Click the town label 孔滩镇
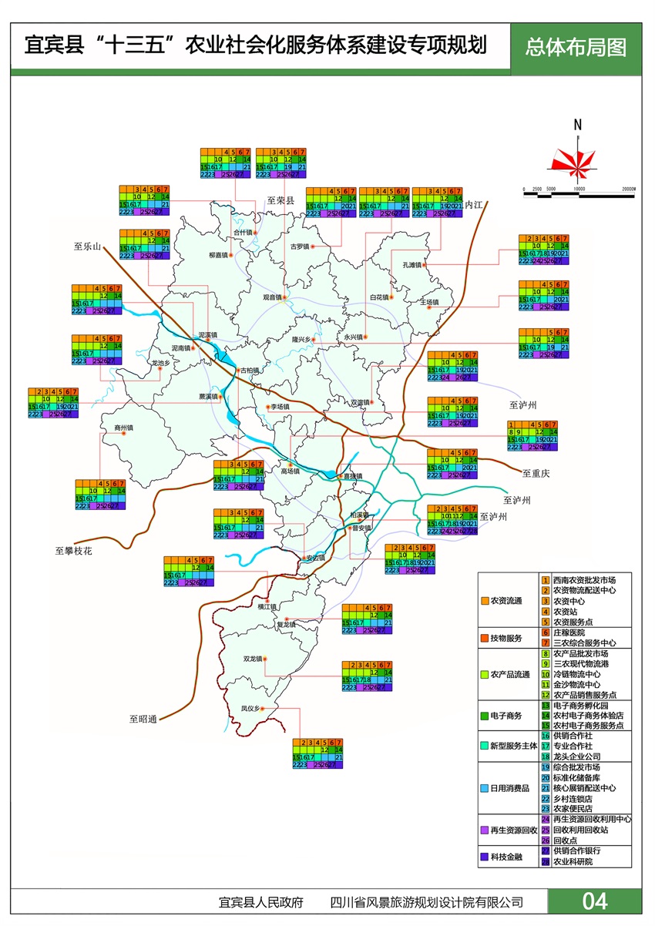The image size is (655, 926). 413,265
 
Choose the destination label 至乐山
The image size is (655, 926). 88,247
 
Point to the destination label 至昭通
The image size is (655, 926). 143,719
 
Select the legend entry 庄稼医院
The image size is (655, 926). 569,632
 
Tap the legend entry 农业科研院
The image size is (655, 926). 573,861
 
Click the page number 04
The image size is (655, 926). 594,901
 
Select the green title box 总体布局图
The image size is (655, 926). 576,46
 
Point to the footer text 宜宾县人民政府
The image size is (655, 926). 260,902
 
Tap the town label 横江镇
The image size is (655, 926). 267,607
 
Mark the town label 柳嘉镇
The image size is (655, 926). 219,254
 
